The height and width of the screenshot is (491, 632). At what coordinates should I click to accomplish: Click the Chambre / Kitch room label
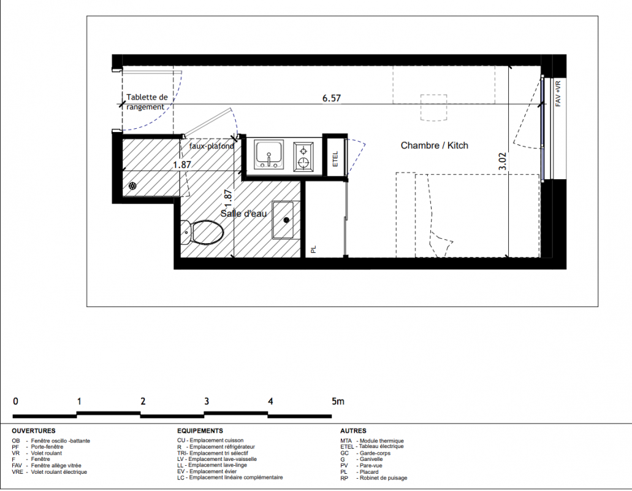coord(434,145)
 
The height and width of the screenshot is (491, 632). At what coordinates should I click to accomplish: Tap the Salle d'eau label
coord(243,213)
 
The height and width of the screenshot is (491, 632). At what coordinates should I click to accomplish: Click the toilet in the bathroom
coord(202,233)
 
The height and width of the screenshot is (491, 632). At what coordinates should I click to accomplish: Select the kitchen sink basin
coord(269,154)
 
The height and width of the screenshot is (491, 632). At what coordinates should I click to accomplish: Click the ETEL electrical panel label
coord(335,159)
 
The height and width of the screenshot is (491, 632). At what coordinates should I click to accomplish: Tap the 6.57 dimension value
coord(331,98)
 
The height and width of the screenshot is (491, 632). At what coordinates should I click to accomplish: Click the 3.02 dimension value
coord(502,161)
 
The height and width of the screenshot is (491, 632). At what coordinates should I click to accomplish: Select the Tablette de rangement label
coord(147,102)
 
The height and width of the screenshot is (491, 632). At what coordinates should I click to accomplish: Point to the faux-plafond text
coord(211,145)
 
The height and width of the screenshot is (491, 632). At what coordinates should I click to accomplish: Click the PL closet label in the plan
coord(314,249)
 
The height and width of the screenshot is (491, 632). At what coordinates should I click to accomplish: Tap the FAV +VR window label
coord(558,94)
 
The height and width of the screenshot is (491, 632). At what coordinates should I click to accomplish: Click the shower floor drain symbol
coord(132,186)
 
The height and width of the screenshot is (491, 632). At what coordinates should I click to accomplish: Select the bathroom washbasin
coord(286,220)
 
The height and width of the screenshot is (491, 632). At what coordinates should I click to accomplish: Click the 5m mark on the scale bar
coord(338,401)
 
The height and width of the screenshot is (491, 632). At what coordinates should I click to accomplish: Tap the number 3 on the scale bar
coord(207,401)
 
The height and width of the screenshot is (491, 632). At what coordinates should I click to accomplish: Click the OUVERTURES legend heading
coord(34,431)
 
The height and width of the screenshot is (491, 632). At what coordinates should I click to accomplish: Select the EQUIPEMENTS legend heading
coord(200,431)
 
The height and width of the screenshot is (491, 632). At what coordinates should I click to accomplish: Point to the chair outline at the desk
coord(433,108)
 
